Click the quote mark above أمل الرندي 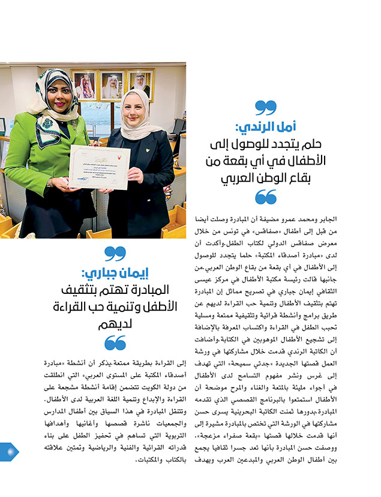click(265, 108)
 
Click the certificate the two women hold click(99, 167)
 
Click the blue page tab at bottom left click(8, 451)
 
